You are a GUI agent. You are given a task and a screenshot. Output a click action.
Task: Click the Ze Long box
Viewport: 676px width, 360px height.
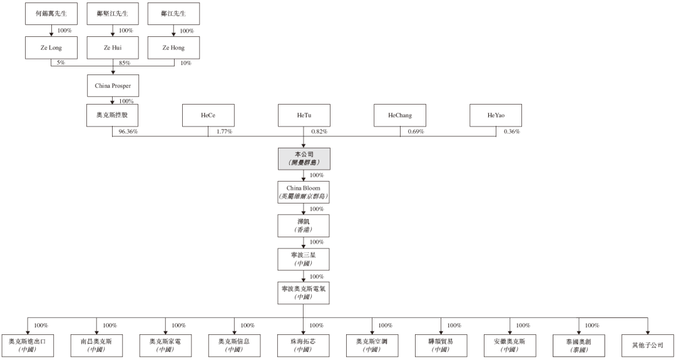[x=51, y=48]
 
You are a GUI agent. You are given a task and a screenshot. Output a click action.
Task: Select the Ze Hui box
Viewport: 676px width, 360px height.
[x=113, y=48]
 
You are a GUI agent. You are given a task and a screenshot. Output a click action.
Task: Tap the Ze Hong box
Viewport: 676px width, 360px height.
[x=174, y=48]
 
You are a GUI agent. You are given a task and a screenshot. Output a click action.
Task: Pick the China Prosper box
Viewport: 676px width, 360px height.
[x=113, y=85]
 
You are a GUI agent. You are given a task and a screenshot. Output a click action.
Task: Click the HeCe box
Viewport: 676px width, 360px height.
[x=208, y=115]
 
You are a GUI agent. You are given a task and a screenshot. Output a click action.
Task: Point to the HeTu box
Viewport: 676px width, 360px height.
[x=304, y=115]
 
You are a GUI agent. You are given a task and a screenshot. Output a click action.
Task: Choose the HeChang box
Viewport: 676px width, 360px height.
[x=400, y=115]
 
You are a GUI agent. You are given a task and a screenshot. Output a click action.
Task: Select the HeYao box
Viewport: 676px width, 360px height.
[x=496, y=115]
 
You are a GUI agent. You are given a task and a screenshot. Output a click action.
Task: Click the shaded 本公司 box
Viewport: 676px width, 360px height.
[x=304, y=158]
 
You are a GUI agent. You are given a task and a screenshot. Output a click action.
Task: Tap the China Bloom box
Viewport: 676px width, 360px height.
[x=304, y=192]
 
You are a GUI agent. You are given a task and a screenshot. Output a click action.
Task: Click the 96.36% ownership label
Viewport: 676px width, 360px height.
[x=128, y=131]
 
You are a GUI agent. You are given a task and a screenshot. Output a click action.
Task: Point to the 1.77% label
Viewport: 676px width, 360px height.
[x=225, y=131]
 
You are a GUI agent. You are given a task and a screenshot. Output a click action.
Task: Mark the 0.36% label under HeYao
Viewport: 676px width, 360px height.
[x=512, y=131]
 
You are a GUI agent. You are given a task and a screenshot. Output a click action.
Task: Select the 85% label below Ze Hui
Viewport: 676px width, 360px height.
[x=125, y=63]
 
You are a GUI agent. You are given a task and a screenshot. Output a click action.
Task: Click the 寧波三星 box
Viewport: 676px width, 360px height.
[x=304, y=259]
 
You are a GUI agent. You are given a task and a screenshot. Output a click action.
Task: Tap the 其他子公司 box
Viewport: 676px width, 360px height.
[x=648, y=346]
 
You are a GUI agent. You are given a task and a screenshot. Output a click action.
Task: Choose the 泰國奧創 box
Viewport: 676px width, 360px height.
[x=579, y=346]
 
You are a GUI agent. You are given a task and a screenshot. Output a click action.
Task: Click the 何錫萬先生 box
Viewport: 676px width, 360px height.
[x=51, y=13]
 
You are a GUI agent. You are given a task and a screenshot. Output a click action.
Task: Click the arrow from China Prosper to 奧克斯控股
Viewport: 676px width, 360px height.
[x=113, y=100]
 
